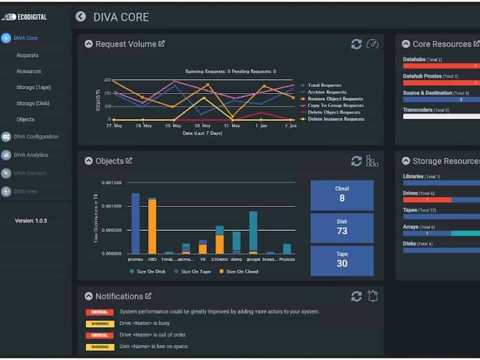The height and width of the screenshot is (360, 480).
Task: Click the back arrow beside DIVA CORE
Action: [80, 17]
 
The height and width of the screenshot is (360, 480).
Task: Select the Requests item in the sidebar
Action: [28, 55]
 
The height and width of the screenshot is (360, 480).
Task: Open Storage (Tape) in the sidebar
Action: [34, 88]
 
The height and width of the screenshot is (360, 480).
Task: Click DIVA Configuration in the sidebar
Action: [35, 137]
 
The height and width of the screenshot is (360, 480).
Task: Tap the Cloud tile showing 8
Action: [342, 194]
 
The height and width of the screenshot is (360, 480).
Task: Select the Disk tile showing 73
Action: [342, 227]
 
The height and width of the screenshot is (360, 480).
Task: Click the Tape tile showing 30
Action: [342, 260]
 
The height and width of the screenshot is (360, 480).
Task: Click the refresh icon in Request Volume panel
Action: [356, 44]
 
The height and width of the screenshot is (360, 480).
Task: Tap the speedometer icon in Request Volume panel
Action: [373, 44]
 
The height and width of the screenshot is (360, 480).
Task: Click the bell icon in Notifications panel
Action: [373, 296]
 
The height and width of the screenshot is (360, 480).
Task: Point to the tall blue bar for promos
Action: [136, 223]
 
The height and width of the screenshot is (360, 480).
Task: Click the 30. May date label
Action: [203, 126]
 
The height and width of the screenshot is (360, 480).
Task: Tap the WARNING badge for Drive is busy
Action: [100, 323]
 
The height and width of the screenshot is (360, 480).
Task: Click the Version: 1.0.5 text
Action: [31, 221]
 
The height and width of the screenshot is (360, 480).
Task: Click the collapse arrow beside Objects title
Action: [89, 161]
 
